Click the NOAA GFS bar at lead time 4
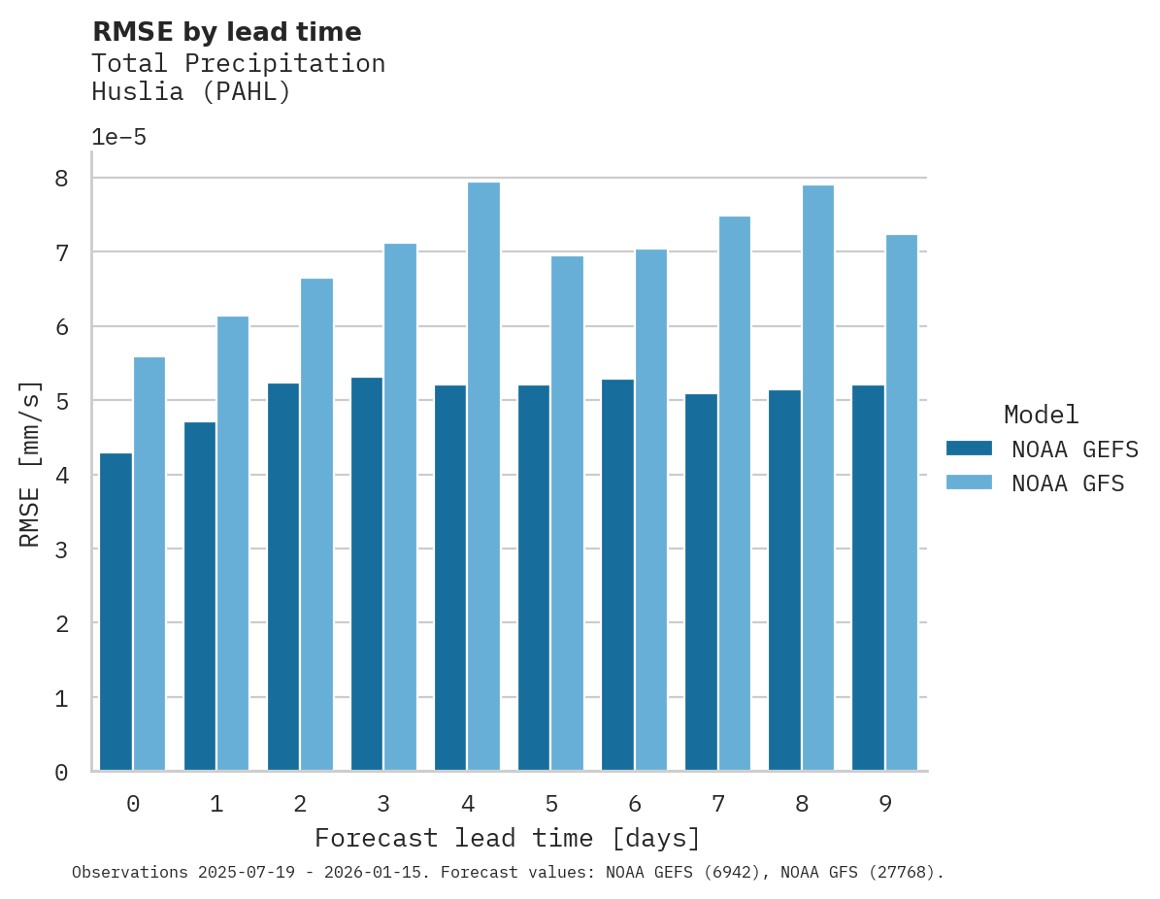(x=483, y=477)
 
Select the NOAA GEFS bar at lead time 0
(x=116, y=612)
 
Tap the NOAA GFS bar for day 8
(x=817, y=478)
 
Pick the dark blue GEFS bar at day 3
(x=366, y=574)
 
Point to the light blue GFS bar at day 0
(x=149, y=564)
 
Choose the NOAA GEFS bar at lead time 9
(x=868, y=578)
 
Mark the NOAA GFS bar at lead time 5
(x=567, y=514)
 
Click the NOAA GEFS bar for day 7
(x=701, y=583)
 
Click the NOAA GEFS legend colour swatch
(x=969, y=449)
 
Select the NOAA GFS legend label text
(x=1068, y=483)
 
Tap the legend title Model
(x=1041, y=416)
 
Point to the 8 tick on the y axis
(x=61, y=179)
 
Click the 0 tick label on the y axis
(x=61, y=773)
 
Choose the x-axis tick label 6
(x=635, y=805)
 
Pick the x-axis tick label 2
(x=300, y=805)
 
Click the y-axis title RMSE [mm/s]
(x=30, y=463)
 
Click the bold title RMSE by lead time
(x=226, y=32)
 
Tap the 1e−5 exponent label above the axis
(x=118, y=138)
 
